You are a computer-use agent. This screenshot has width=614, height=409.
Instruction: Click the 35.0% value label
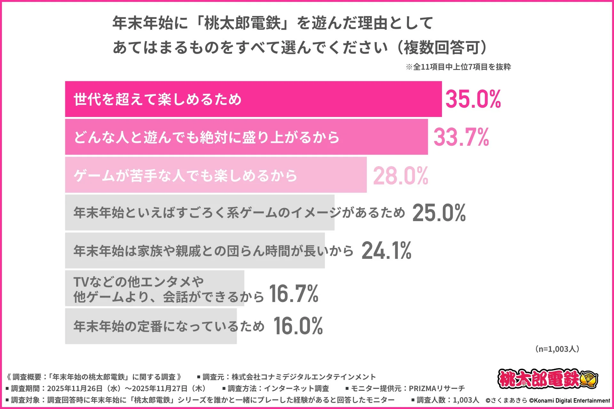[x=473, y=99]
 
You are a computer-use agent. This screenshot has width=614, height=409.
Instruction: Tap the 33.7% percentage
[x=461, y=137]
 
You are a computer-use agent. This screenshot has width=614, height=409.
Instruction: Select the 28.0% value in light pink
[x=400, y=176]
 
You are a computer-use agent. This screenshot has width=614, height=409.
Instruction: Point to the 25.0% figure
[x=439, y=213]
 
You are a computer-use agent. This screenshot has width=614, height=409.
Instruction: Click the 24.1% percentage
[x=386, y=251]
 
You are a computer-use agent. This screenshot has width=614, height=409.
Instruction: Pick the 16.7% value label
[x=294, y=294]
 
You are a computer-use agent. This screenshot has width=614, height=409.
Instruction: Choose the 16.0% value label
[x=298, y=326]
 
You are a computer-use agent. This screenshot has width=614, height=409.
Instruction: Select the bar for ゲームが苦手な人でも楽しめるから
[x=216, y=175]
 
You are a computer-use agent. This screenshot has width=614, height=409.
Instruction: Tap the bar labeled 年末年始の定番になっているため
[x=151, y=326]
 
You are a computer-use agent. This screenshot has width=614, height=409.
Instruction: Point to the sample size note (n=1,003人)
[x=557, y=349]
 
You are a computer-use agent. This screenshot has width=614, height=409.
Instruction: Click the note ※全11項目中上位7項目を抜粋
[x=458, y=67]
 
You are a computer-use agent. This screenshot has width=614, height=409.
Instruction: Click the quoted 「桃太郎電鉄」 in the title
[x=242, y=23]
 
